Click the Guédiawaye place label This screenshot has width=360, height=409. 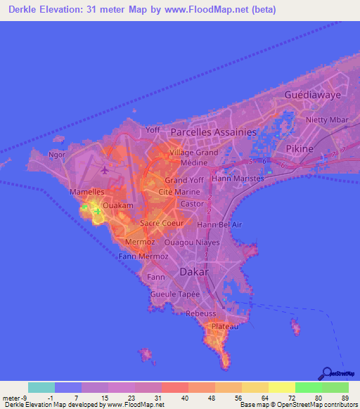pos(313,94)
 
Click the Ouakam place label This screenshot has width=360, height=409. pos(117,205)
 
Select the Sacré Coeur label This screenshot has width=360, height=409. pos(162,223)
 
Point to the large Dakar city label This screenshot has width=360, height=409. pos(195,271)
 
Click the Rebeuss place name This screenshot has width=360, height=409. pos(200,313)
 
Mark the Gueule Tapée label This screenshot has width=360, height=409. pos(176,294)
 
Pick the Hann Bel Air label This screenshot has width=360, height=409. pos(219,224)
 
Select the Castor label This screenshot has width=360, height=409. pos(192,204)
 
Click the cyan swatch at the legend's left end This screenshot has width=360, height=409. pos(41,387)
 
